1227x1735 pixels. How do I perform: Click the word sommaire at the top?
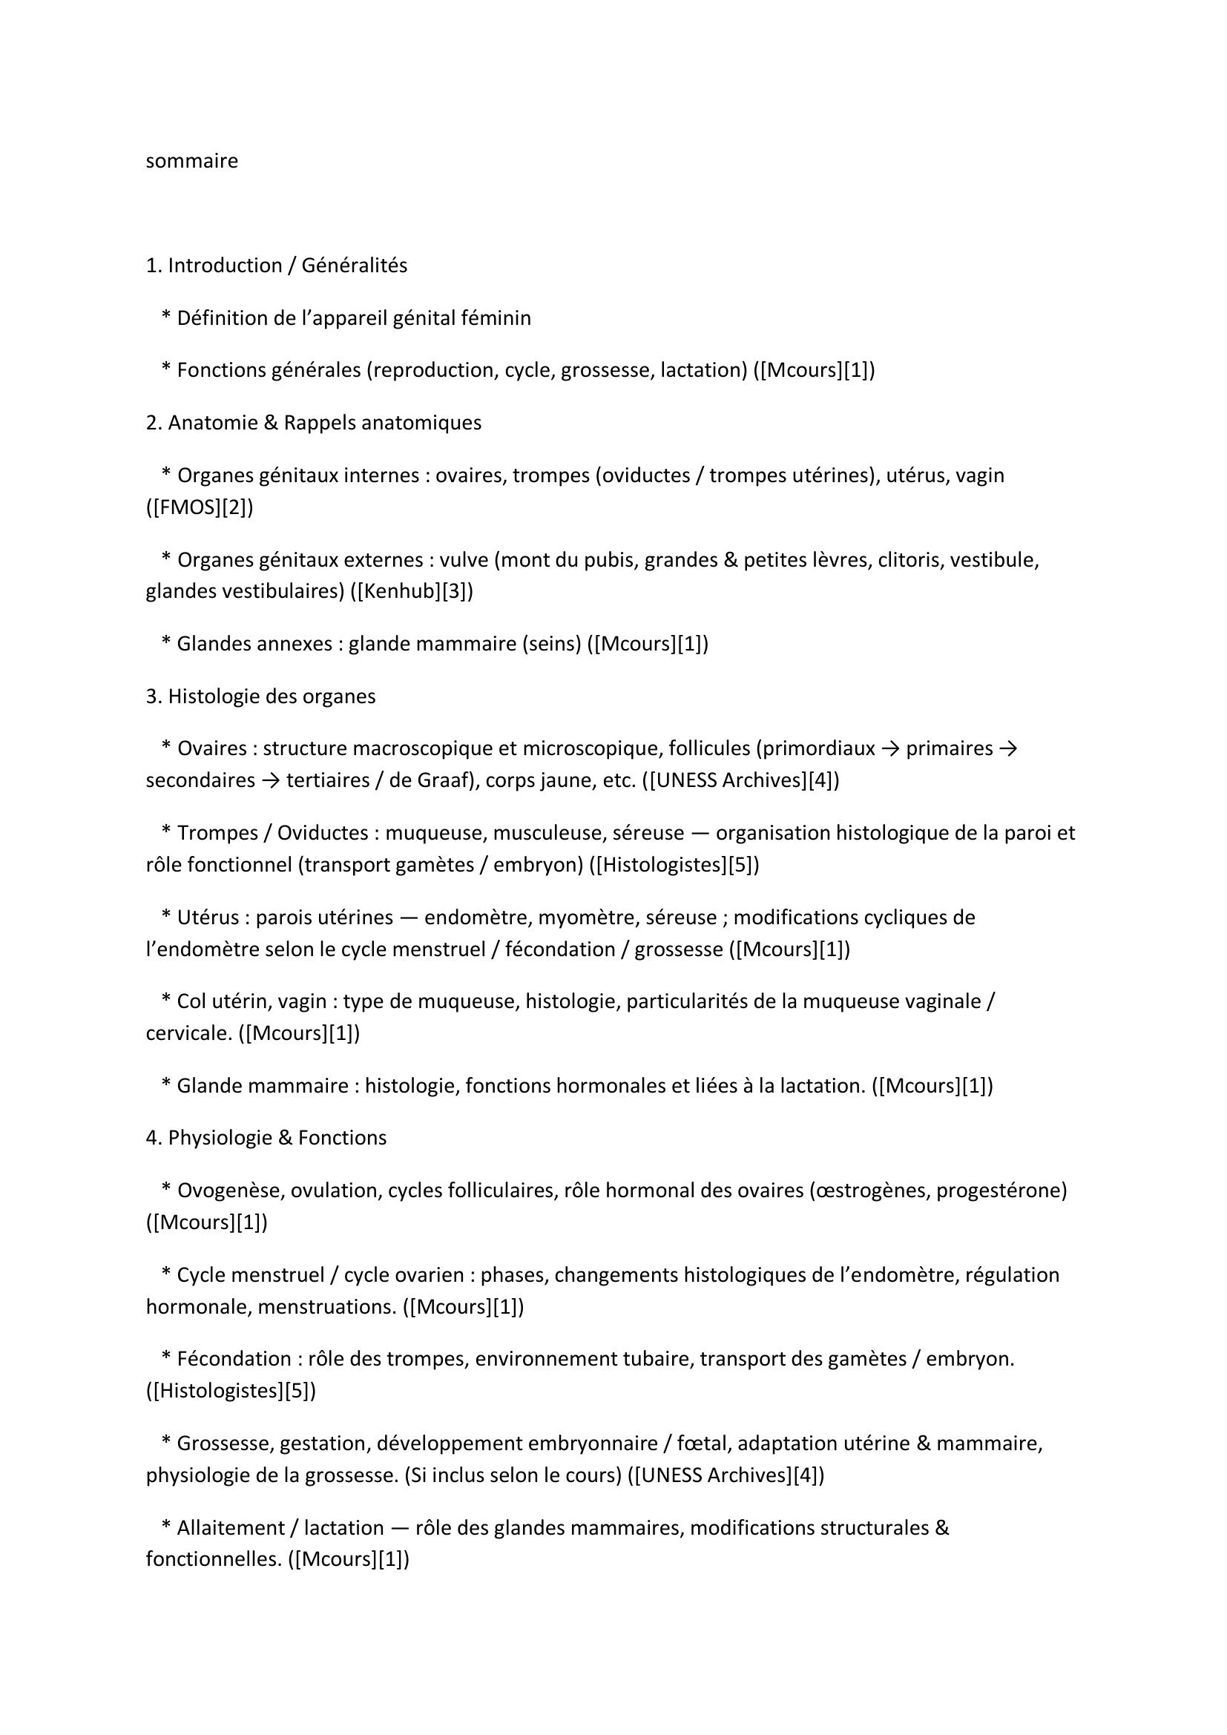click(191, 161)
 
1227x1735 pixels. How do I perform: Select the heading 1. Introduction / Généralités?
click(276, 266)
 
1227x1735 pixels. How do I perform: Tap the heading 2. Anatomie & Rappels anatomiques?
click(313, 422)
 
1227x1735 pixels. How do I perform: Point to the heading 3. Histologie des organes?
click(260, 696)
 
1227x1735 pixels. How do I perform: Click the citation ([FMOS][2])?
click(200, 507)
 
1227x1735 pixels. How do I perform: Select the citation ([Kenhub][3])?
click(412, 591)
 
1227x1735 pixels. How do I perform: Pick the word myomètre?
click(579, 918)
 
